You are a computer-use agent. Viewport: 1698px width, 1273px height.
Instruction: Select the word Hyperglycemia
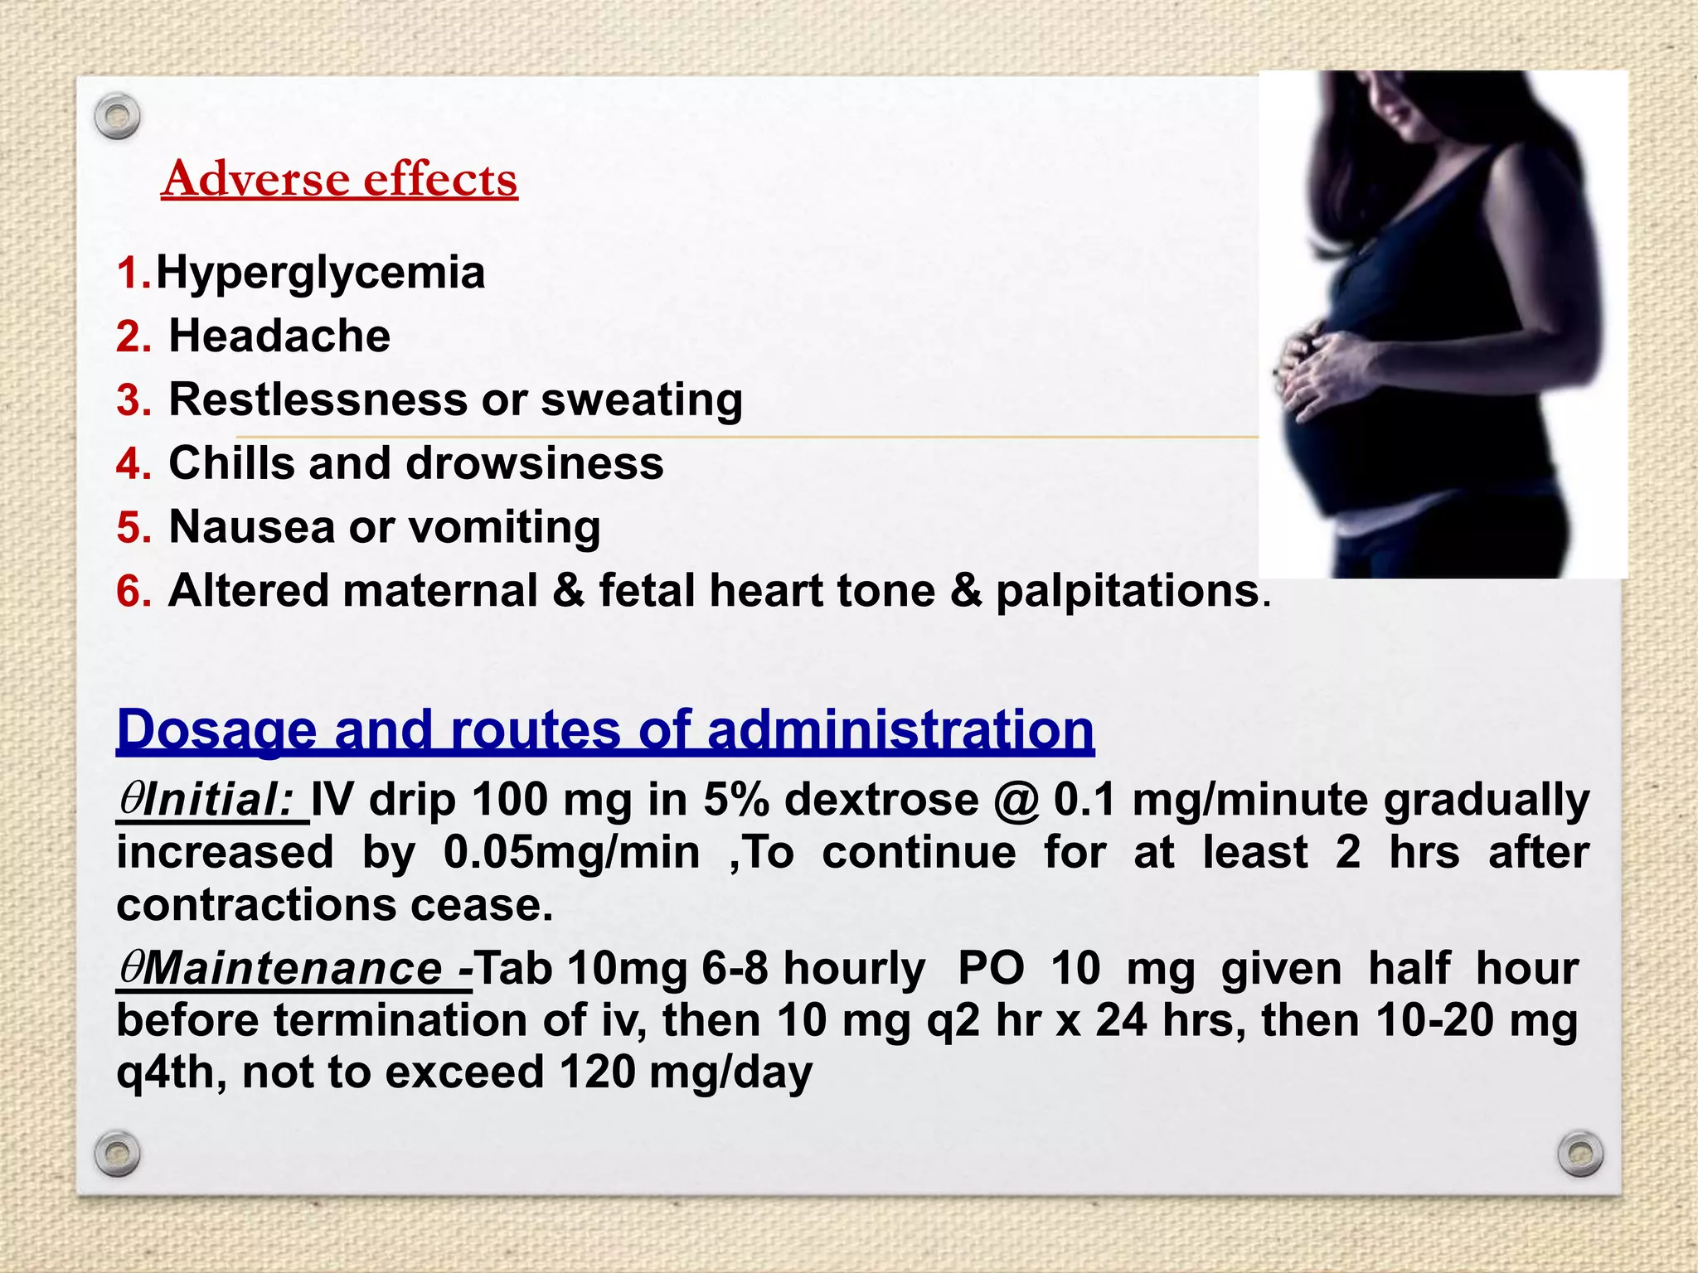tap(321, 273)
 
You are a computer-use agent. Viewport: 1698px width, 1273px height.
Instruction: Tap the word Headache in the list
tap(279, 336)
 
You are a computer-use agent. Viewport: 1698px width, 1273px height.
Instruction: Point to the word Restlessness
tap(318, 399)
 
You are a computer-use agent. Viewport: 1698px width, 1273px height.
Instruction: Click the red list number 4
tap(133, 463)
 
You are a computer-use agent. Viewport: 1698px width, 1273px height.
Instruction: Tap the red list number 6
tap(133, 592)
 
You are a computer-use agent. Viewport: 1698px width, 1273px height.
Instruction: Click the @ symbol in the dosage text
tap(1017, 801)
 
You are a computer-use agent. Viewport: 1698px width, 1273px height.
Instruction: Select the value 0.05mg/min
tap(571, 852)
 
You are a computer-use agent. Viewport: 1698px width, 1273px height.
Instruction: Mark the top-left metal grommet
tap(117, 116)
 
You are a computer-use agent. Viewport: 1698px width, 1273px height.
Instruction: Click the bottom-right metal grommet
tap(1580, 1153)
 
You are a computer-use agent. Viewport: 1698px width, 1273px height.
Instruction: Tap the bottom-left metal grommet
tap(117, 1153)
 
